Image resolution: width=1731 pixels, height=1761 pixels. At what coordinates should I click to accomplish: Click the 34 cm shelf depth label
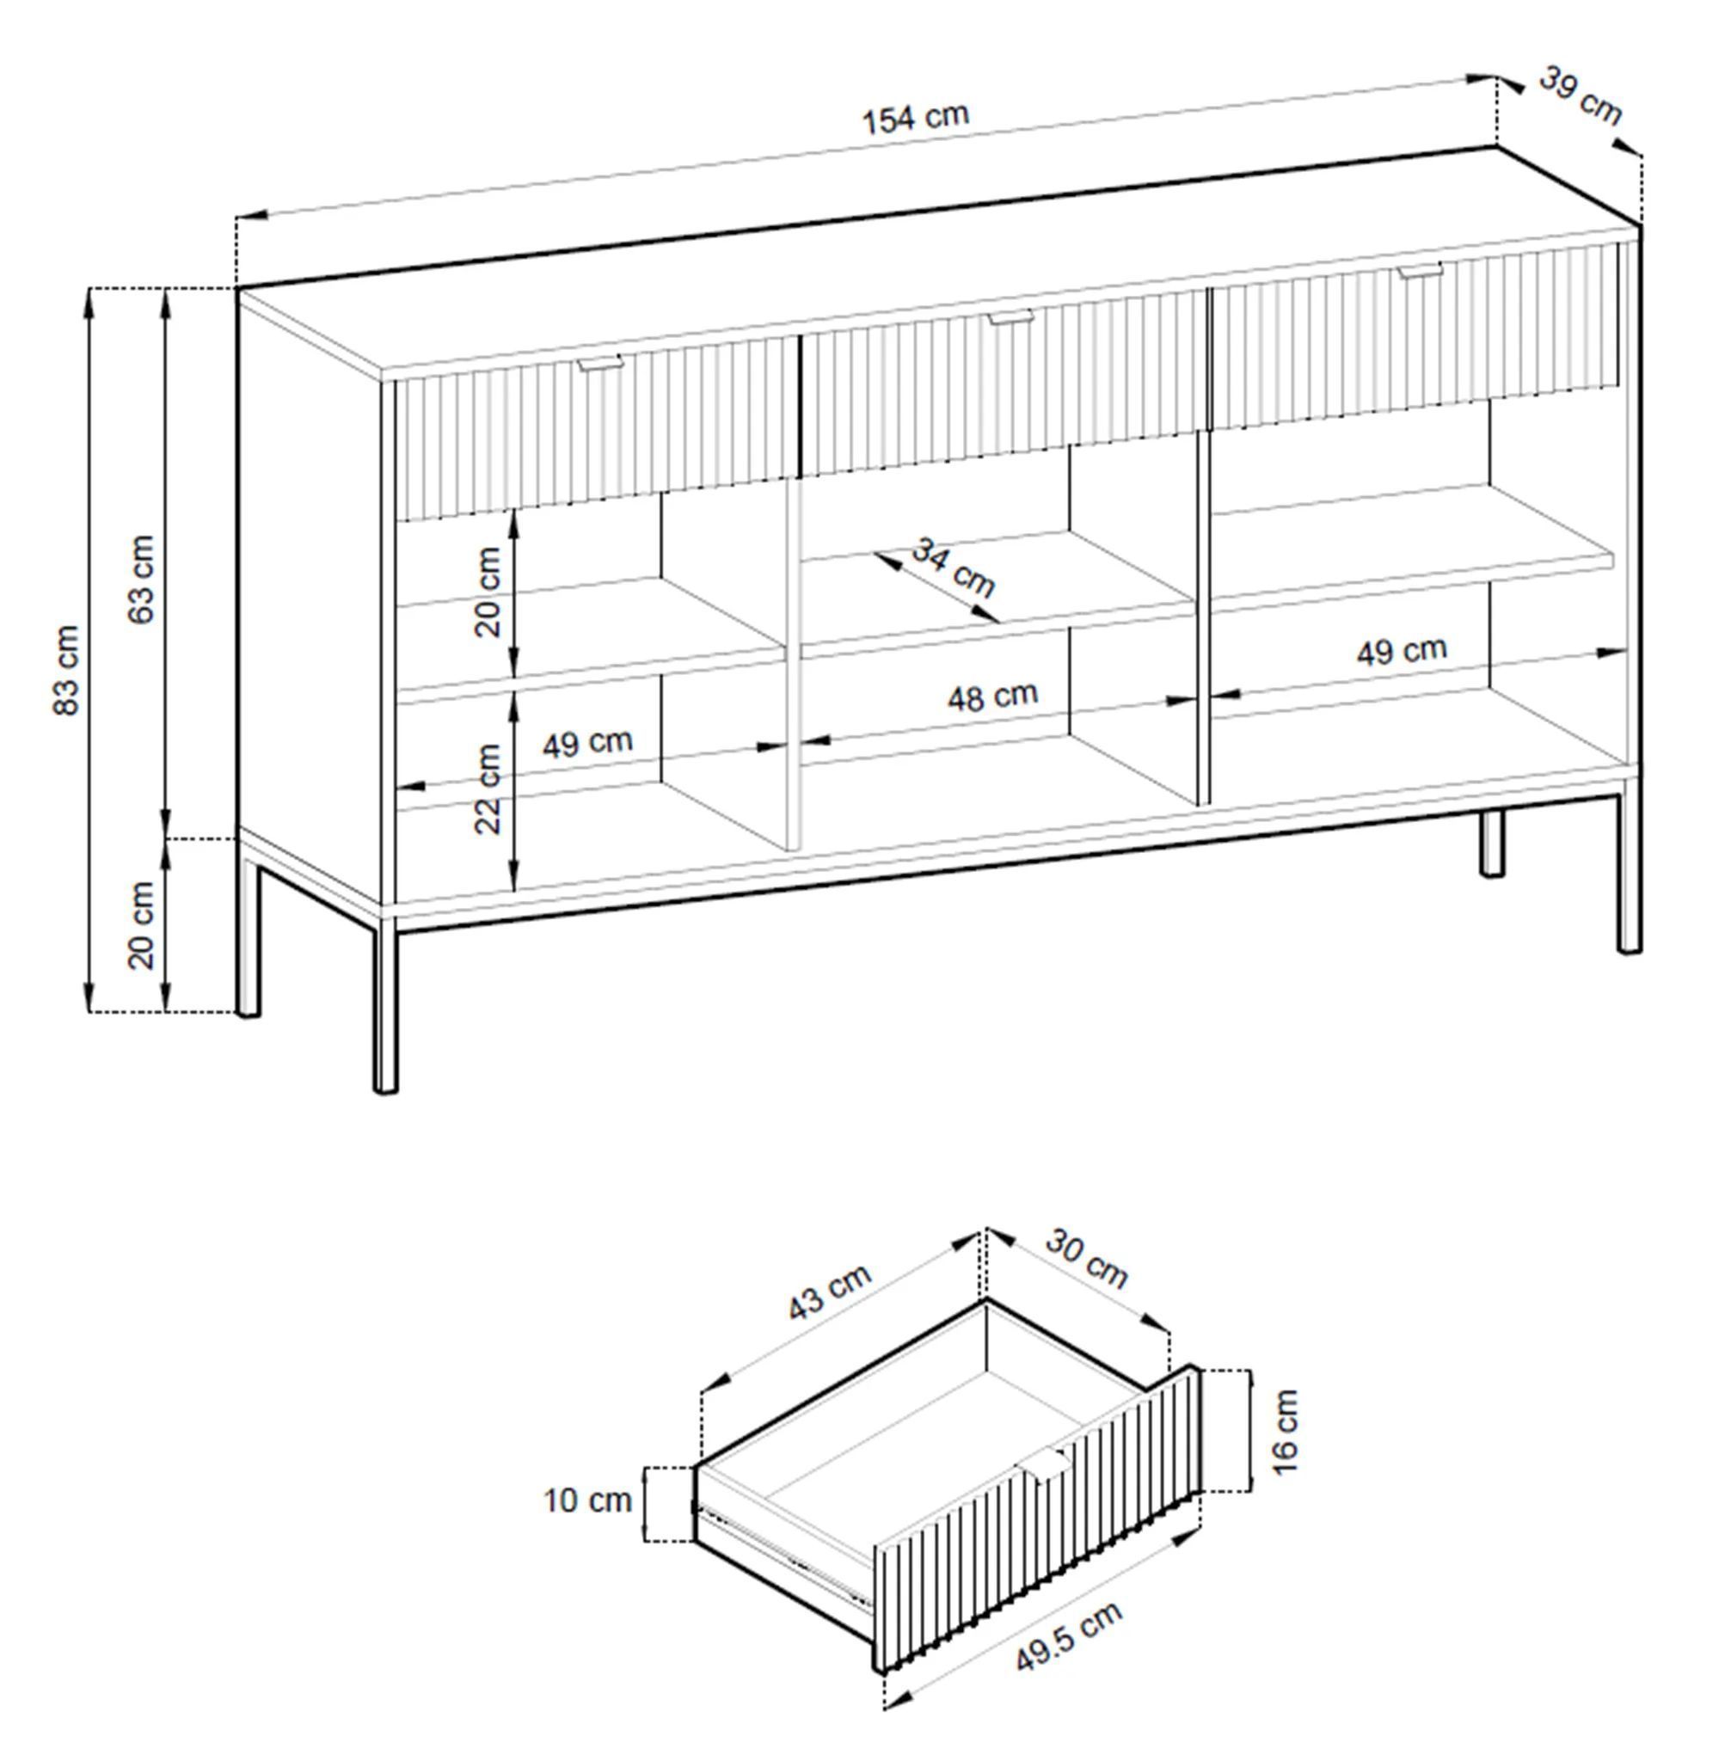tap(953, 568)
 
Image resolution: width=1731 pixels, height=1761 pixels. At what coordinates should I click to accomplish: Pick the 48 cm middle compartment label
tap(993, 696)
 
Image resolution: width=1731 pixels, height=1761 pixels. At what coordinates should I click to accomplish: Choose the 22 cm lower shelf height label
tap(488, 788)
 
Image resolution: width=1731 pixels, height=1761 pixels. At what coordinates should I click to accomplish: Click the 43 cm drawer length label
tap(829, 1291)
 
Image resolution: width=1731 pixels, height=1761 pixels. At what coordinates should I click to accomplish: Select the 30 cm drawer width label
tap(1086, 1258)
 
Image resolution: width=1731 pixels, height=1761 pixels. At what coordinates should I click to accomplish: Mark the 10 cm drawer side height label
tap(587, 1500)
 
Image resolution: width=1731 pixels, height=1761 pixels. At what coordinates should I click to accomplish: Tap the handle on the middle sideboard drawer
tap(1011, 317)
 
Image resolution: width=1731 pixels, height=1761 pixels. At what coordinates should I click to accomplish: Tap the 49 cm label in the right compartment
tap(1401, 651)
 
